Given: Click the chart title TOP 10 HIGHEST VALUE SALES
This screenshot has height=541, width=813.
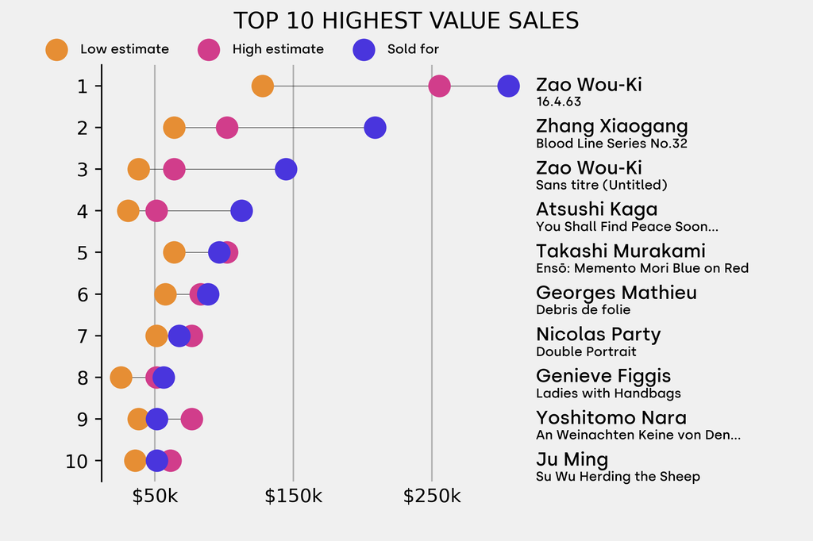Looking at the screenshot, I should click(406, 21).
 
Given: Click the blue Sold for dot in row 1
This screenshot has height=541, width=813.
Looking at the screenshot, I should click(508, 86).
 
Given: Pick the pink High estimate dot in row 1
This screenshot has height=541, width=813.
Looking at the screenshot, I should click(439, 86).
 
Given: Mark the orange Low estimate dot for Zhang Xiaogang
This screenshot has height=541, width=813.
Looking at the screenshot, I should click(174, 128).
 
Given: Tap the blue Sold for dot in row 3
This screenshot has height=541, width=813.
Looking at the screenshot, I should click(286, 169).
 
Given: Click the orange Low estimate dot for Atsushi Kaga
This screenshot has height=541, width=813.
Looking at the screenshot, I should click(128, 211).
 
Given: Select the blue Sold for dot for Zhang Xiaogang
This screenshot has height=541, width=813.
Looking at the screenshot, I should click(375, 128).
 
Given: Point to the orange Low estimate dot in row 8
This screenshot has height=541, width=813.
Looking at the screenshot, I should click(121, 378).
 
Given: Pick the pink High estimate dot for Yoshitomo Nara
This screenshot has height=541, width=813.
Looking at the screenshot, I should click(191, 419).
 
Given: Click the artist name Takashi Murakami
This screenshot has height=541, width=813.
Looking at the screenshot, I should click(620, 251).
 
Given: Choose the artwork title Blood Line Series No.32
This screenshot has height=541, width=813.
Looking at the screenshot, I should click(611, 144).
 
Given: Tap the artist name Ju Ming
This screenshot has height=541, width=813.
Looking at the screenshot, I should click(572, 459).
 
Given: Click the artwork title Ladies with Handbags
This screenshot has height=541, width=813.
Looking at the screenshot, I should click(608, 393).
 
